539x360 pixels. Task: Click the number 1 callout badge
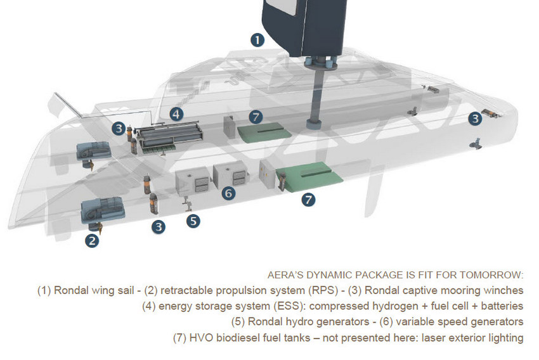(x=257, y=40)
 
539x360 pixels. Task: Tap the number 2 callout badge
(x=93, y=240)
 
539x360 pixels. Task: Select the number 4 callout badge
(x=176, y=114)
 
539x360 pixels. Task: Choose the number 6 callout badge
(x=229, y=193)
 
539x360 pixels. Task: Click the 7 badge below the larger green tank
(x=308, y=200)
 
